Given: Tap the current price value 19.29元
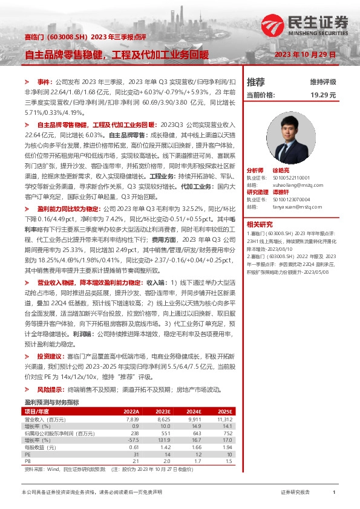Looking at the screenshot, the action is point(323,95).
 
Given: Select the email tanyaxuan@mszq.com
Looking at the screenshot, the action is point(291,206).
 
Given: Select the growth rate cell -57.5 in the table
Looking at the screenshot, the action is point(134,440).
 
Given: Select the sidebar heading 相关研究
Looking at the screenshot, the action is point(259,224).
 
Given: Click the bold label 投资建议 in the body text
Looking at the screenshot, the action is point(49,357).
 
